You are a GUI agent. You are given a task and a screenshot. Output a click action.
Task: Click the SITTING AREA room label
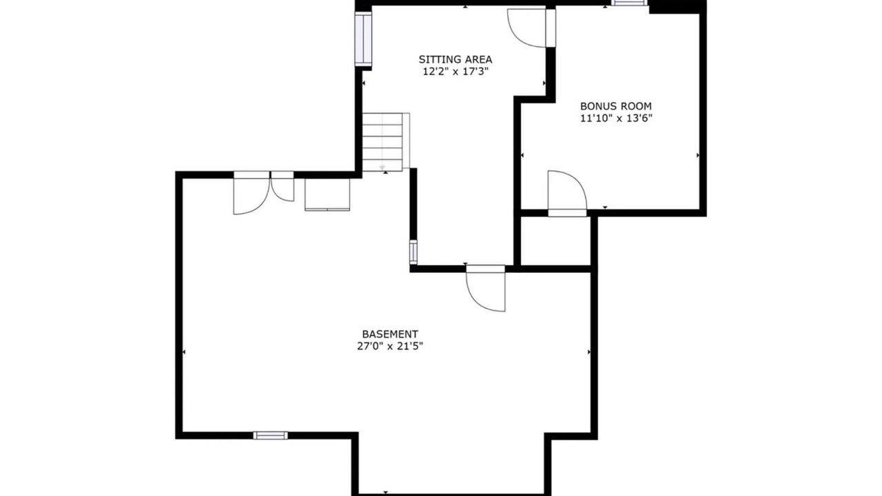tap(455, 59)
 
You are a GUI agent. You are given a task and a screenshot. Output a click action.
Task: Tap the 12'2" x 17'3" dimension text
tap(455, 72)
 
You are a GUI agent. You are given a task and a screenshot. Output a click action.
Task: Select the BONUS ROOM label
tap(616, 106)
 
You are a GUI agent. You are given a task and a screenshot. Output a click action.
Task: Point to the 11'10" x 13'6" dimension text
tap(616, 118)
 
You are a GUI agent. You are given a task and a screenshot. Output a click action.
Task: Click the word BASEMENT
tap(390, 334)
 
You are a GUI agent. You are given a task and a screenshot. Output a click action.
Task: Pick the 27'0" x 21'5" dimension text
tap(390, 347)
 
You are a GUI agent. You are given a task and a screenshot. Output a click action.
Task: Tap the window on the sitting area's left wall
tap(363, 39)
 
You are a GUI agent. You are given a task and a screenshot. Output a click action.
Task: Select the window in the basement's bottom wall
tap(270, 435)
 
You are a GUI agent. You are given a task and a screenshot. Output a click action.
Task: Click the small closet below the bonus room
tap(555, 241)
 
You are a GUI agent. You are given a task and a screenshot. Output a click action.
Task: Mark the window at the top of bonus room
tap(629, 3)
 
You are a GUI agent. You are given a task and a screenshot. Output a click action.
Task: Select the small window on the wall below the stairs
tap(413, 252)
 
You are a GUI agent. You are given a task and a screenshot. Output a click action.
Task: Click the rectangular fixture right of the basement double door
tap(327, 194)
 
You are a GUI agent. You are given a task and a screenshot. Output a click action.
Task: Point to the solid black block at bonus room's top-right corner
tap(677, 7)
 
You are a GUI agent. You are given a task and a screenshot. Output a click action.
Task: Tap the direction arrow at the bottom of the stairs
tap(382, 168)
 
